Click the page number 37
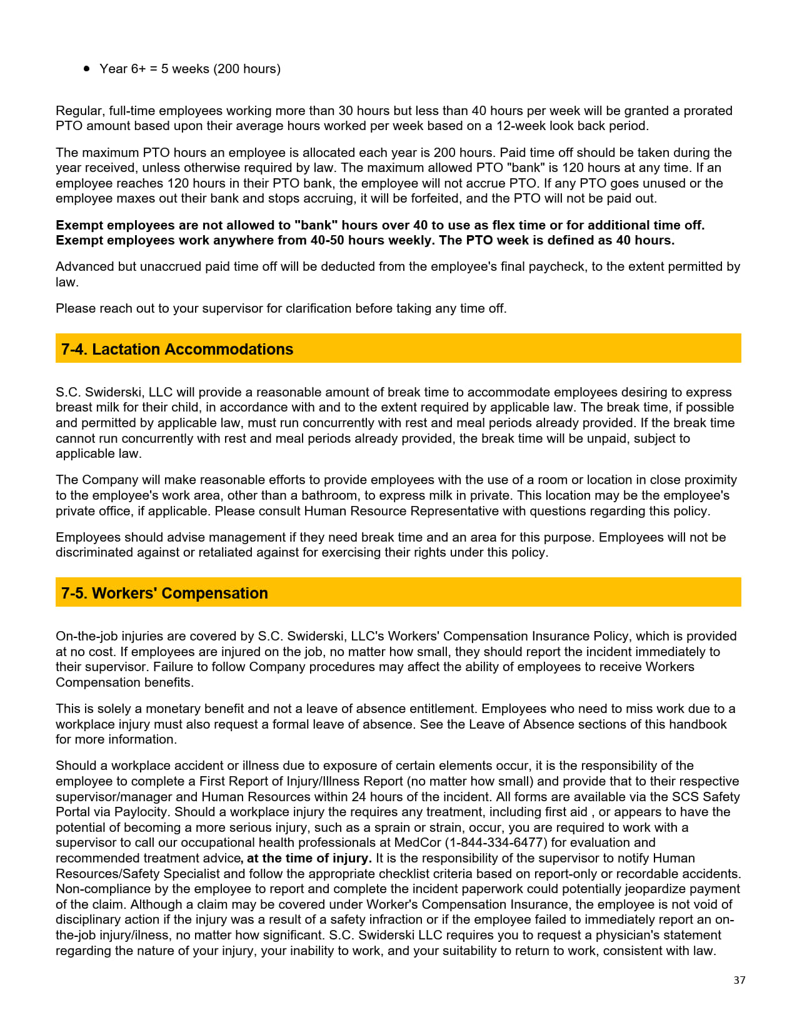pos(739,980)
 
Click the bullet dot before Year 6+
pos(87,69)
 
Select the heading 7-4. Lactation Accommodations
pos(177,349)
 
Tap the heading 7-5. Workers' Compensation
pos(164,593)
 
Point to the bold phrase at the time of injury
pos(309,858)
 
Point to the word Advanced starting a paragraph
pos(84,266)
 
